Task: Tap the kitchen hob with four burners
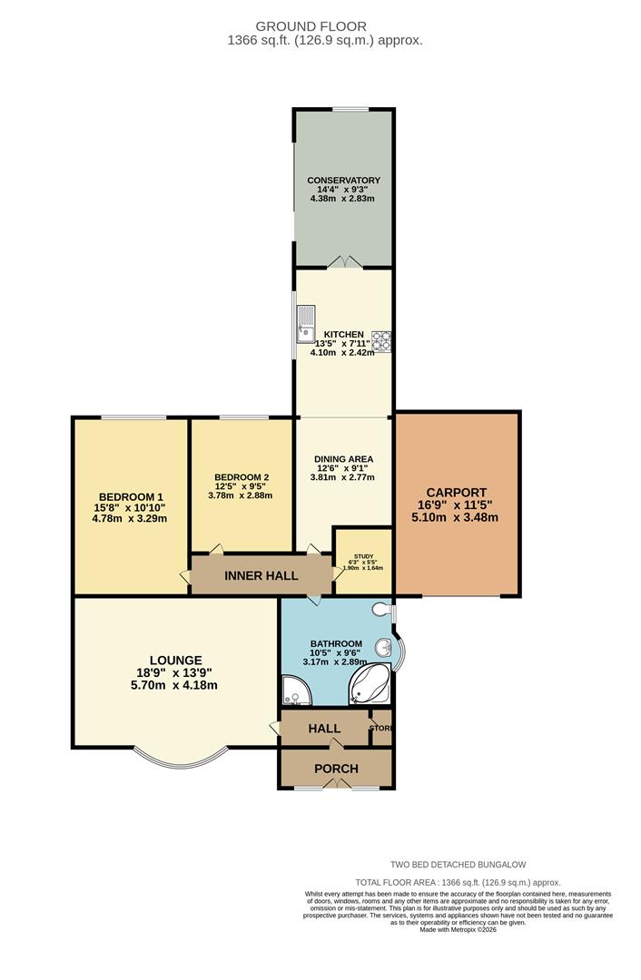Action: tap(381, 340)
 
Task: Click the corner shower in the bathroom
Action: tap(295, 691)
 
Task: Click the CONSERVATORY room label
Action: tap(342, 181)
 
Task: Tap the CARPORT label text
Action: tap(458, 493)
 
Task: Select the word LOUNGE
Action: tap(176, 660)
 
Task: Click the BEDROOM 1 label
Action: tap(130, 496)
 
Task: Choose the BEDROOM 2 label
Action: tap(242, 477)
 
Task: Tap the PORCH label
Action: tap(336, 769)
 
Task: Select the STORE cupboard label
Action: tap(381, 727)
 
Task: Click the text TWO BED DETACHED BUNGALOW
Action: tap(458, 865)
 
